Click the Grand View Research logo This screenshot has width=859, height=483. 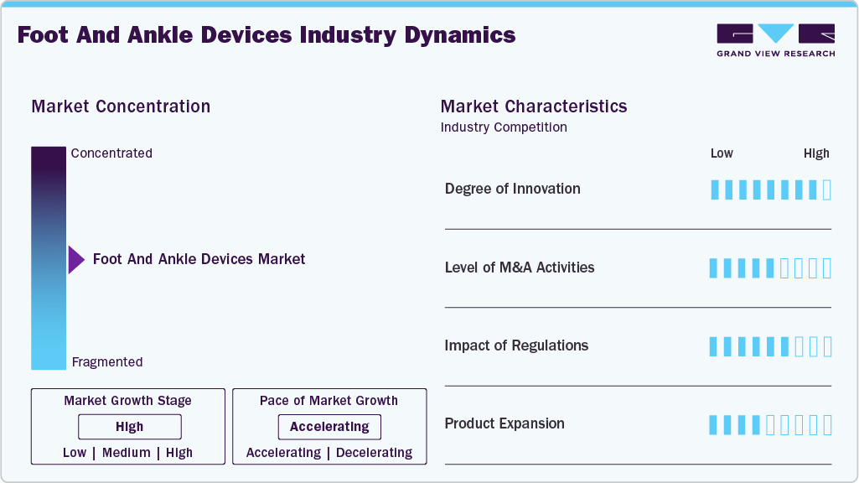pos(775,39)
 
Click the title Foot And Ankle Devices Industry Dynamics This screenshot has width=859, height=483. pos(266,35)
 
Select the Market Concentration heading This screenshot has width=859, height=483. pos(121,106)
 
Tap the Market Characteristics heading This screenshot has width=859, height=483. pos(533,106)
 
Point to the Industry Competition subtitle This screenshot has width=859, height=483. pos(503,127)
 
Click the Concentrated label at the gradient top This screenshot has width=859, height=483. pos(111,153)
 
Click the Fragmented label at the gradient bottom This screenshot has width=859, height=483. pos(107,362)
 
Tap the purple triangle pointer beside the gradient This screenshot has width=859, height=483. pos(75,260)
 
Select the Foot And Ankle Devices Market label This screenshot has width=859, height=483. pos(199,259)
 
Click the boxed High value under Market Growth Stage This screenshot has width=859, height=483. pos(130,427)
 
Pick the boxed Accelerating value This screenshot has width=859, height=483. pos(329,427)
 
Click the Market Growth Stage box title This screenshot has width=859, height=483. pos(127,401)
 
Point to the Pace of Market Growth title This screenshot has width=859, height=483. pos(329,401)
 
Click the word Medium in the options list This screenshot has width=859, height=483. pos(127,453)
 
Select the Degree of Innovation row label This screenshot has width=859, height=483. pos(512,189)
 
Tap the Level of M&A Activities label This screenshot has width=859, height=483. pos(520,267)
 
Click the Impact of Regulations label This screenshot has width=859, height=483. pos(516,345)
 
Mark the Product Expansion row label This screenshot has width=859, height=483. pos(505,423)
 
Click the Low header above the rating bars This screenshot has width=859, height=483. pos(722,153)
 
